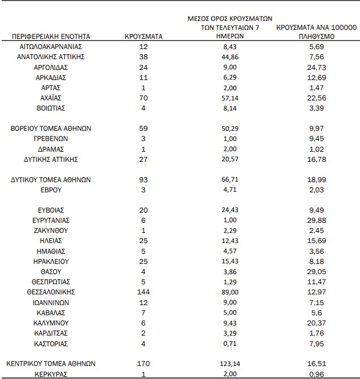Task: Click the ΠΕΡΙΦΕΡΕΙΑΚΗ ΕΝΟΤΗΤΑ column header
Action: [51, 37]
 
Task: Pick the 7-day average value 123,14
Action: [229, 363]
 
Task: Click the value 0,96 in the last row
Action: [317, 373]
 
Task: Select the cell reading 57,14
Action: [229, 98]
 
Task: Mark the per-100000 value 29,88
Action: [317, 221]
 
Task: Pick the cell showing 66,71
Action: [229, 179]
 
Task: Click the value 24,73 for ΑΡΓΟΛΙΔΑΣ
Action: [317, 67]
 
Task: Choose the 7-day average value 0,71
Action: [229, 343]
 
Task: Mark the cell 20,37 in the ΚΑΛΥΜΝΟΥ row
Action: [317, 323]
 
